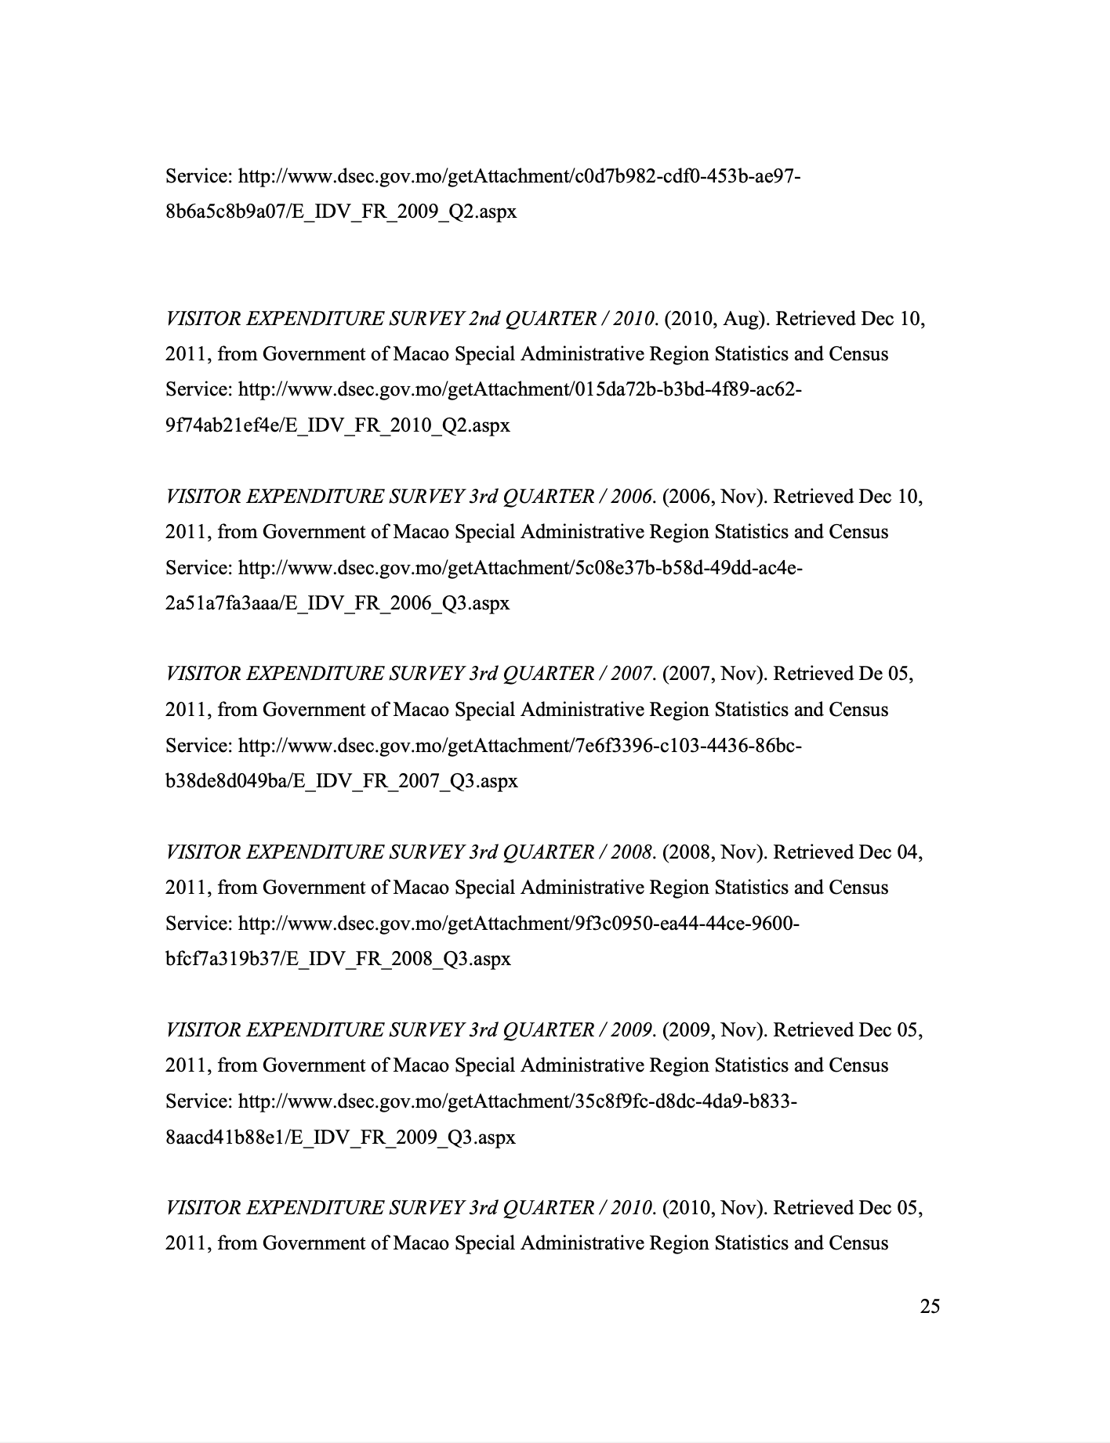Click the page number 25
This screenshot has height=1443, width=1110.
tap(930, 1306)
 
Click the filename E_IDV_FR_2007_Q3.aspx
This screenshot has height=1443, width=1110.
tap(405, 781)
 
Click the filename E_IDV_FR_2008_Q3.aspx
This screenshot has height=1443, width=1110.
tap(400, 959)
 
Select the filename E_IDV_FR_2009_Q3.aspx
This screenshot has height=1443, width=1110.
tap(404, 1137)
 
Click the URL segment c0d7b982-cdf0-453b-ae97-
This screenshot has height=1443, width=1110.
tap(687, 176)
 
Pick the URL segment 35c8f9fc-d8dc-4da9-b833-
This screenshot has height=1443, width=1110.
tap(686, 1101)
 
